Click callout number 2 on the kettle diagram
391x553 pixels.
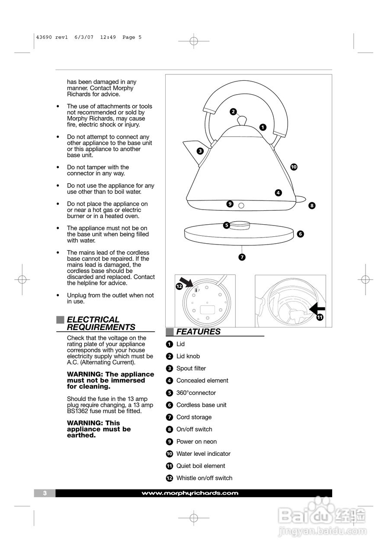pyautogui.click(x=233, y=111)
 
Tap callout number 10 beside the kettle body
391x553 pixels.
pyautogui.click(x=294, y=167)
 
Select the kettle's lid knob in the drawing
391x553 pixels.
pyautogui.click(x=243, y=120)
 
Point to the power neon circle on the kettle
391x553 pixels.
pyautogui.click(x=241, y=205)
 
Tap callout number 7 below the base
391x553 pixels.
pyautogui.click(x=242, y=257)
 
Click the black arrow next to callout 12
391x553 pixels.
pyautogui.click(x=186, y=282)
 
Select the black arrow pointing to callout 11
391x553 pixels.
pyautogui.click(x=317, y=308)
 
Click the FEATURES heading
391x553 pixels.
pyautogui.click(x=198, y=332)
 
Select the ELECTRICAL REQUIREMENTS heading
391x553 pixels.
pyautogui.click(x=101, y=323)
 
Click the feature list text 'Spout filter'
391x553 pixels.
pyautogui.click(x=191, y=369)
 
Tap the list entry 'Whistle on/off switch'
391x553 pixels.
pyautogui.click(x=204, y=478)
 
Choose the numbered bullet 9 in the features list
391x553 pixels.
pyautogui.click(x=170, y=442)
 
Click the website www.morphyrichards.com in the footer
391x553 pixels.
pyautogui.click(x=190, y=493)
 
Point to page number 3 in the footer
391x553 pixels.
pyautogui.click(x=45, y=493)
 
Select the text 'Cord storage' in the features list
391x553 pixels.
pyautogui.click(x=194, y=417)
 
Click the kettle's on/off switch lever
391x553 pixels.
pyautogui.click(x=300, y=199)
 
